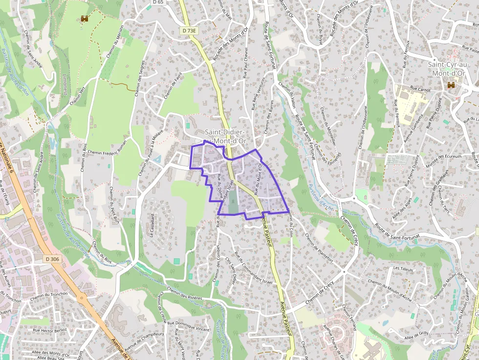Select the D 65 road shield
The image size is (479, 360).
(157, 2)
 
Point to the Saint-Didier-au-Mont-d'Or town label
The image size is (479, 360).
(225, 137)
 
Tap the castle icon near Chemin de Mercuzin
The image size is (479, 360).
(85, 19)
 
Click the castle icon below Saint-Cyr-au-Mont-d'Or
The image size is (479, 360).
(450, 85)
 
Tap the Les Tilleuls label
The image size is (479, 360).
(403, 269)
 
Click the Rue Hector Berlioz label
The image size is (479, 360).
(49, 330)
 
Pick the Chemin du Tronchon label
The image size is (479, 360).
(48, 295)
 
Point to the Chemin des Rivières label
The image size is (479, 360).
(185, 296)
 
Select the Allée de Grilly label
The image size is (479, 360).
(416, 335)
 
